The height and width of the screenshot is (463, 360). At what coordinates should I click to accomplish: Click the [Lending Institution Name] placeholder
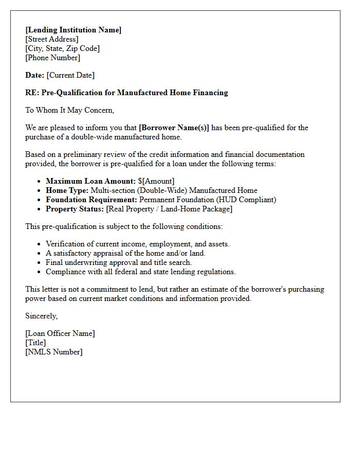point(73,30)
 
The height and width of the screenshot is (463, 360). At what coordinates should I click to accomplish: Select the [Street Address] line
point(52,39)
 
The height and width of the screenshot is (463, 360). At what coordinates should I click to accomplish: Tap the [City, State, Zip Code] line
point(62,48)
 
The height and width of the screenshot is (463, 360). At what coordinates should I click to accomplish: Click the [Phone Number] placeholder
point(52,58)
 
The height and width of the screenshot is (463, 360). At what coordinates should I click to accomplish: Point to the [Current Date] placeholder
point(70,75)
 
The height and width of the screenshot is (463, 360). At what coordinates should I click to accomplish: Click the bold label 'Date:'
point(35,75)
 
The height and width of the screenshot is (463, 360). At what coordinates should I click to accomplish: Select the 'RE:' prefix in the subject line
point(32,93)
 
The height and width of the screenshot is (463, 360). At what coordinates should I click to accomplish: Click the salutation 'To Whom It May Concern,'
point(69,110)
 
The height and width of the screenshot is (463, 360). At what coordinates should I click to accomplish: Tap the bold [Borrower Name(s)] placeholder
point(174,128)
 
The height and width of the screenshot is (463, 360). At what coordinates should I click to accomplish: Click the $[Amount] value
point(156,181)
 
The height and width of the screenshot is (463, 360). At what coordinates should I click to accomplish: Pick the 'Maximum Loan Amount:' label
point(91,181)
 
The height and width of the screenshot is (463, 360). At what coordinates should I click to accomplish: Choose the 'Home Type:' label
point(67,190)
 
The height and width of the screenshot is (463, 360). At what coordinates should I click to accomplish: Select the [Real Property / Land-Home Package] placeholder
point(169,209)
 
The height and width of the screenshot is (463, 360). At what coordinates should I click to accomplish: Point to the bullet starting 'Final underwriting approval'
point(118,262)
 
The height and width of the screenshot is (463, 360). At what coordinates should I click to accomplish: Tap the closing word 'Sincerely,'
point(42,316)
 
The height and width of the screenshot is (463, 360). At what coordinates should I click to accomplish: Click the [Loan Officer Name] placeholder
point(60,333)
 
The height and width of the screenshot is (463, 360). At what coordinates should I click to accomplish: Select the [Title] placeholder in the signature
point(35,343)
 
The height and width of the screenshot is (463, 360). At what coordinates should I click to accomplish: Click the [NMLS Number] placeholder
point(53,352)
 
